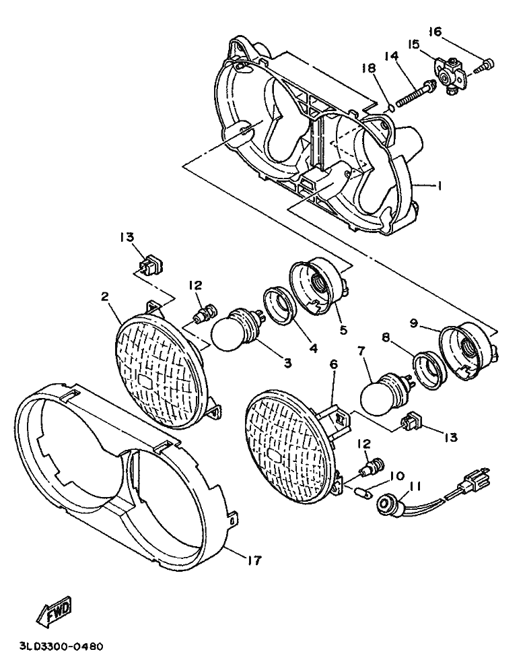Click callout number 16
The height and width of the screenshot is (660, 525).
coord(435,32)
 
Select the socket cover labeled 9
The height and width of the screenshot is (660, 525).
coord(467,348)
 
